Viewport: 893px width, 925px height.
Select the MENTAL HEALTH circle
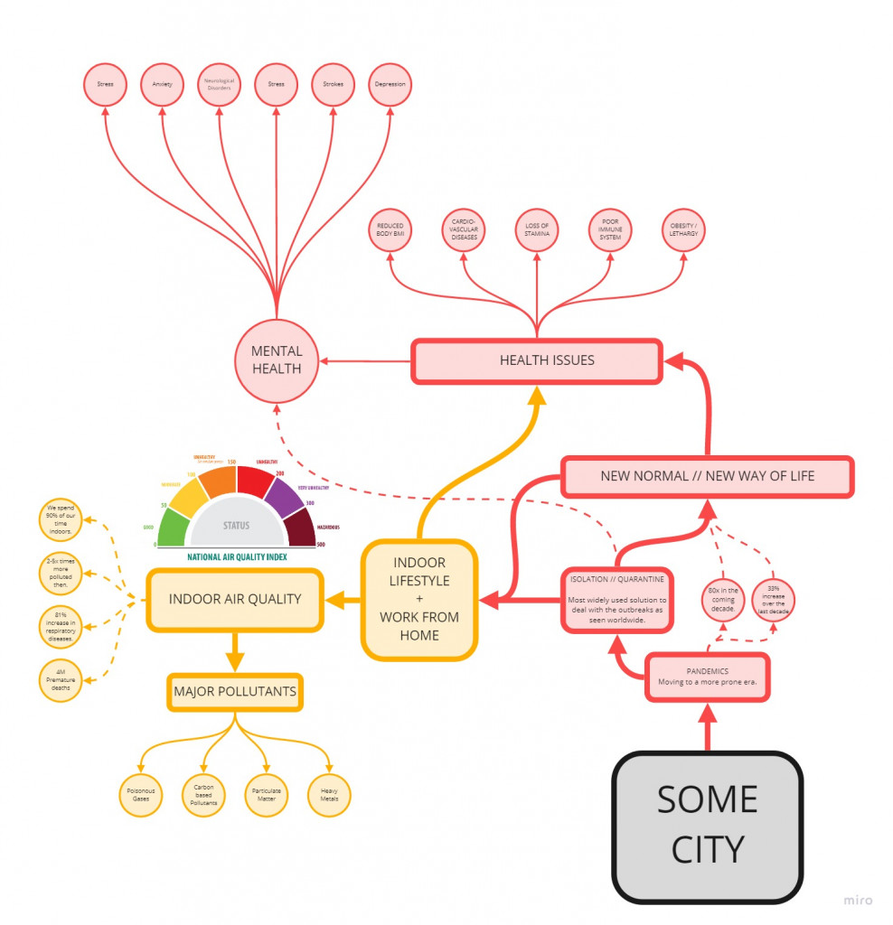pyautogui.click(x=277, y=361)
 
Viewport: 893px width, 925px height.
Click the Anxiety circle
pyautogui.click(x=162, y=85)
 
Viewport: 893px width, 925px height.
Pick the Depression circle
pyautogui.click(x=390, y=85)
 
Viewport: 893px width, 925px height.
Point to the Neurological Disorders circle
pyautogui.click(x=219, y=85)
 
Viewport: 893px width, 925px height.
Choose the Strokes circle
pyautogui.click(x=333, y=85)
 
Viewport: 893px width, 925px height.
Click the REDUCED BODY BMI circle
pyautogui.click(x=390, y=230)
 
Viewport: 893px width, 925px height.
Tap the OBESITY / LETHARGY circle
pyautogui.click(x=682, y=230)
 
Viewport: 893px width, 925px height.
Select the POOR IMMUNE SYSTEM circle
pyautogui.click(x=610, y=230)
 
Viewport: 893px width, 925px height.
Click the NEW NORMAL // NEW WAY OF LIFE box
pyautogui.click(x=707, y=476)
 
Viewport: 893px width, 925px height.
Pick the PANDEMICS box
pyautogui.click(x=708, y=677)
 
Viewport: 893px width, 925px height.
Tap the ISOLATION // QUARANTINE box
pyautogui.click(x=616, y=597)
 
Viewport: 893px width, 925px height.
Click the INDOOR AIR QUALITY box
pyautogui.click(x=235, y=599)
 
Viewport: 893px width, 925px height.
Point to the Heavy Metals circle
pyautogui.click(x=329, y=796)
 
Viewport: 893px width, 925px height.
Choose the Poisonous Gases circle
pyautogui.click(x=141, y=796)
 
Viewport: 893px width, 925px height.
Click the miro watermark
pyautogui.click(x=858, y=900)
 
